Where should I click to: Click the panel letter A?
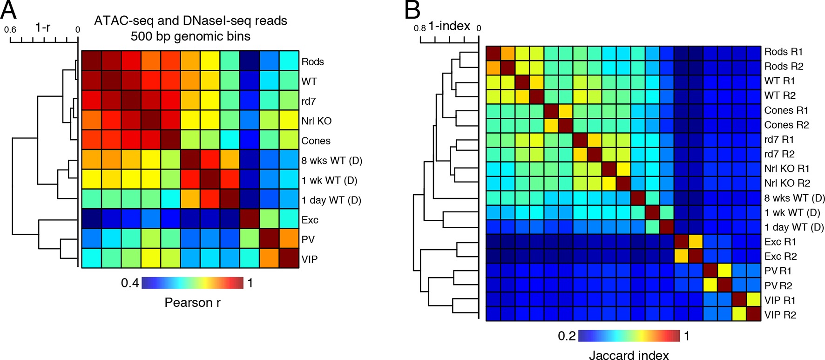tap(9, 10)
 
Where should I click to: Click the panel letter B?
tap(412, 10)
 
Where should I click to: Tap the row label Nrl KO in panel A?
tap(316, 121)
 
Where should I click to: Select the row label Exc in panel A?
tap(310, 220)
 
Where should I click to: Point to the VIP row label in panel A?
tap(309, 259)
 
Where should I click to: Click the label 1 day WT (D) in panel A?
tap(331, 200)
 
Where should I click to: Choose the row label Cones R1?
tap(786, 110)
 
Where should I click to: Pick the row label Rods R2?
tap(784, 66)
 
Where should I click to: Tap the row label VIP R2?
tap(780, 315)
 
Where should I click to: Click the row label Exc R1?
tap(780, 242)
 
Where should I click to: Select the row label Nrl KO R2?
tap(787, 183)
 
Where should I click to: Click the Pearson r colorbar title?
tap(192, 303)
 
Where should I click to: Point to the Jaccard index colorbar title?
tap(629, 355)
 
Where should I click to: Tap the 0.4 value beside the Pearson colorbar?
tap(130, 283)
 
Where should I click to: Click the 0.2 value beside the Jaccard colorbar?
tap(567, 336)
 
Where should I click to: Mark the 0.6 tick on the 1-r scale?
tap(10, 30)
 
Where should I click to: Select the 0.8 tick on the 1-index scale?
tap(419, 28)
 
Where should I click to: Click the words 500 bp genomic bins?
tap(190, 36)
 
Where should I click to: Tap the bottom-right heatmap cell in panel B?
tap(753, 314)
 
